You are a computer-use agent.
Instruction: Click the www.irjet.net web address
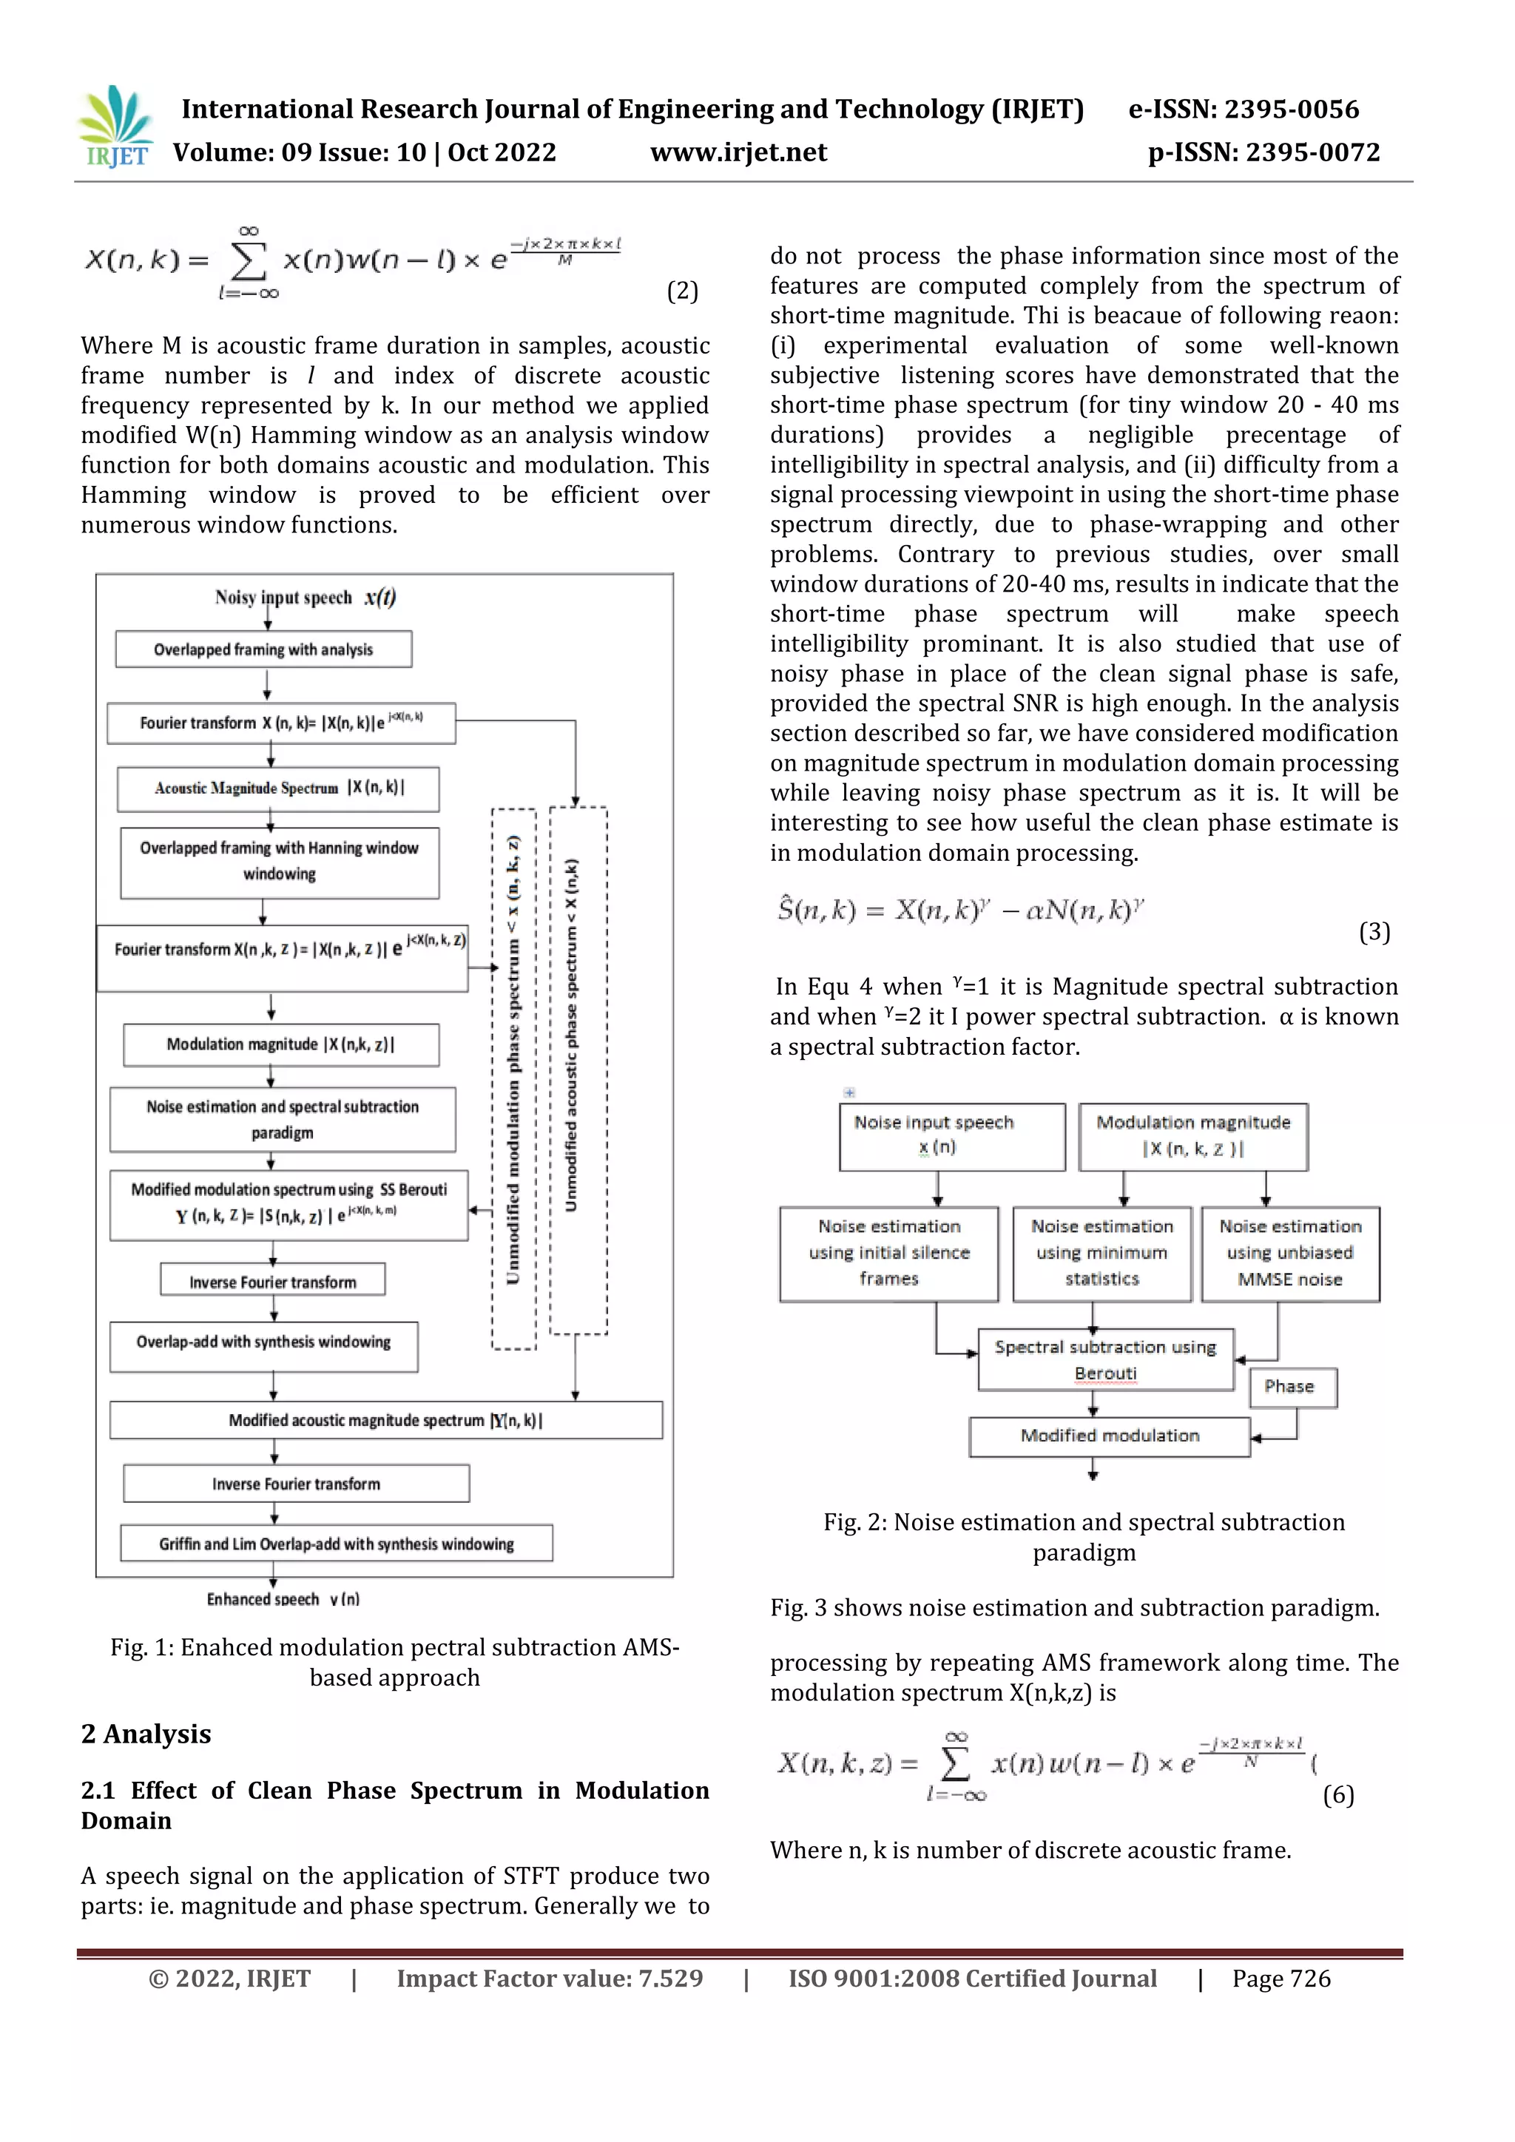point(738,152)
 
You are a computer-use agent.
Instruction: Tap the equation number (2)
point(682,291)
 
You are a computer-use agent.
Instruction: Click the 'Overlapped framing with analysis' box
point(263,649)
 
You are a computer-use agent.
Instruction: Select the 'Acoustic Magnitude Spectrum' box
point(278,788)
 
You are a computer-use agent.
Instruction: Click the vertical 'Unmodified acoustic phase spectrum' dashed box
point(578,1071)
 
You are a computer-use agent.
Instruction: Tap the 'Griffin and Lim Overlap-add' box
point(336,1544)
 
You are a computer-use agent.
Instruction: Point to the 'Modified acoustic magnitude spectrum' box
point(385,1420)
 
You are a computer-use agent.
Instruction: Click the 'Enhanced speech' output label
point(283,1599)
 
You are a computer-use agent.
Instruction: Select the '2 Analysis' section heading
point(146,1734)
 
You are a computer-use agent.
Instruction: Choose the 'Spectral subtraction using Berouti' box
point(1105,1359)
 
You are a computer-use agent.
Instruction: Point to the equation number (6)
point(1337,1795)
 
